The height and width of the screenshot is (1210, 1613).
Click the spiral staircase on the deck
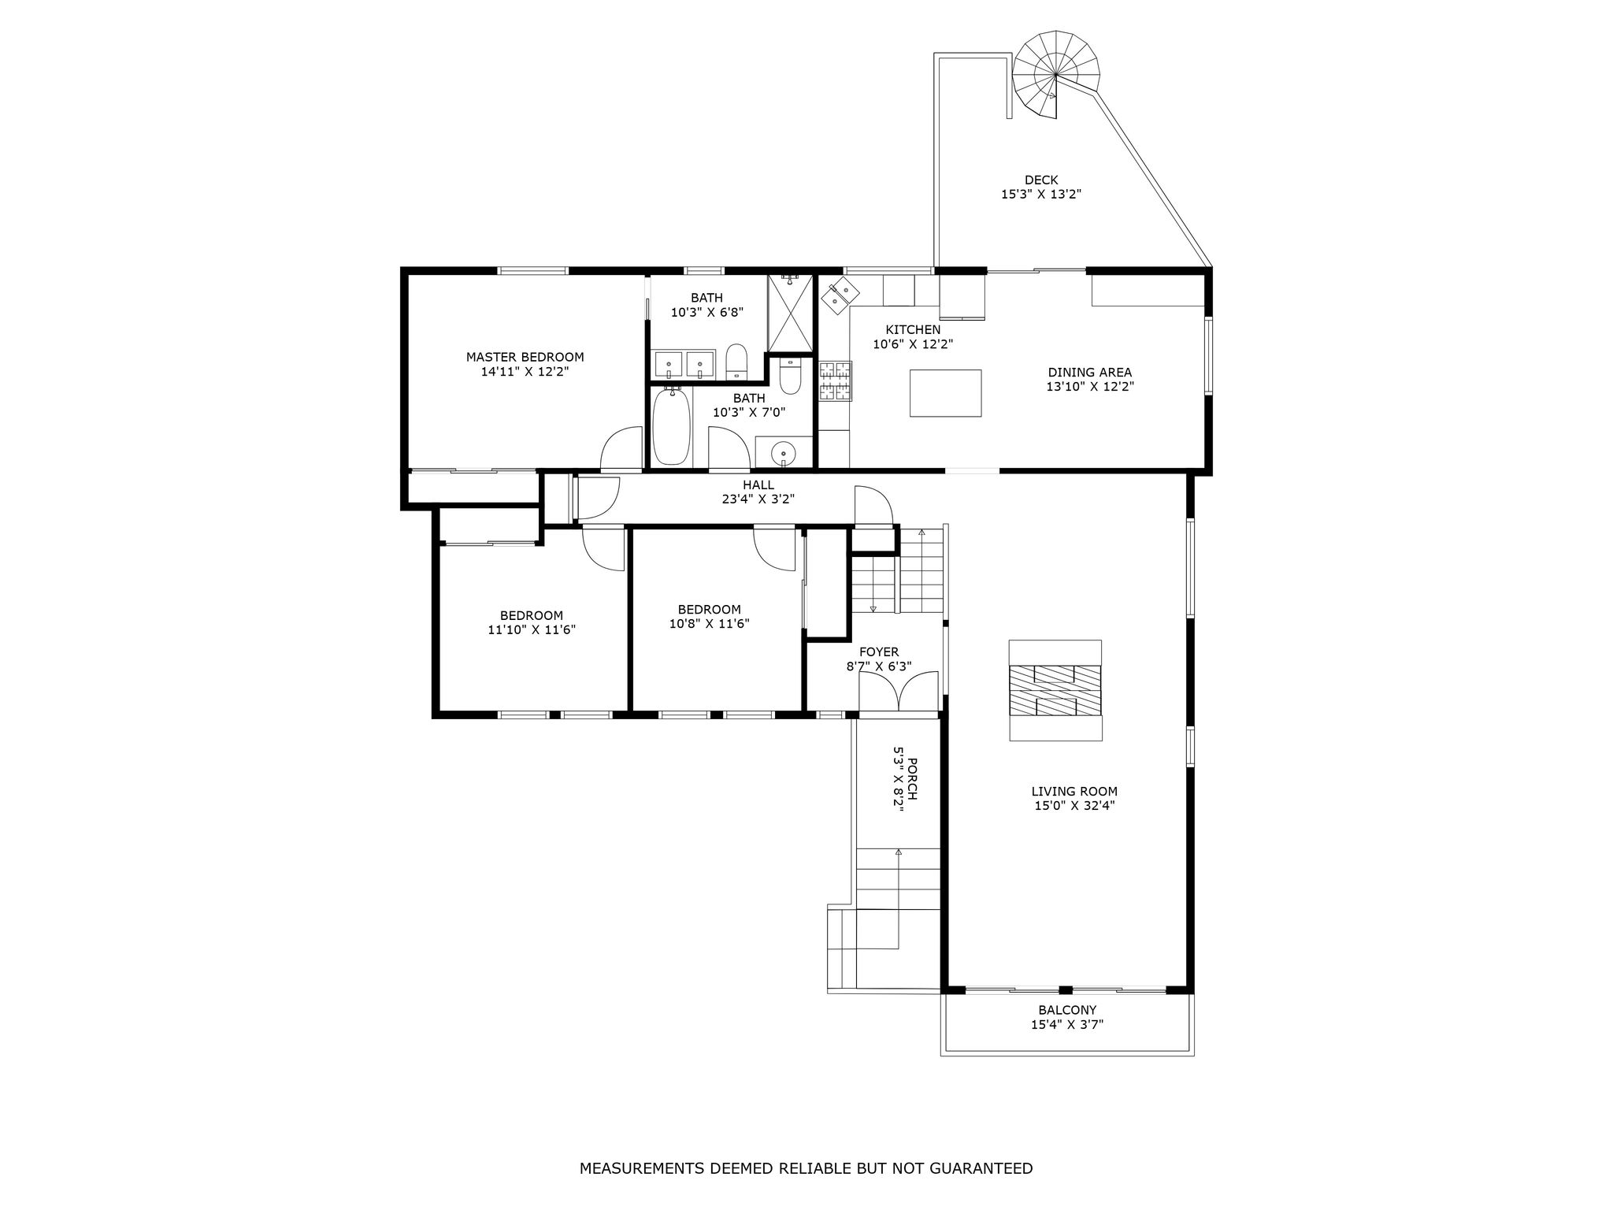[1055, 75]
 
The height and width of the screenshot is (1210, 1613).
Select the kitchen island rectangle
[945, 392]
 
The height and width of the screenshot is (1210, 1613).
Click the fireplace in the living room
[1055, 690]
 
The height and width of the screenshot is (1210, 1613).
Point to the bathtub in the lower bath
[671, 426]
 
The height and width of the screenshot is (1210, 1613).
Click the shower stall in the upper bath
[790, 312]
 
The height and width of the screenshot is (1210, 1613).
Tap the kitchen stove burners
[835, 381]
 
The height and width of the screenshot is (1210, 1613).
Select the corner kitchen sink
[840, 293]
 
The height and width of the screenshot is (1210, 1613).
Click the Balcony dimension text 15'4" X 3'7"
[1067, 1024]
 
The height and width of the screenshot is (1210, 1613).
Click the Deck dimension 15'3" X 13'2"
[1041, 194]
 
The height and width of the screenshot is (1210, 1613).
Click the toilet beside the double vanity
[736, 361]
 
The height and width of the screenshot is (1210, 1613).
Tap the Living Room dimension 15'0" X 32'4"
[1075, 805]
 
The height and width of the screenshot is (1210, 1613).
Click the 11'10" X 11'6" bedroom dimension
[532, 629]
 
